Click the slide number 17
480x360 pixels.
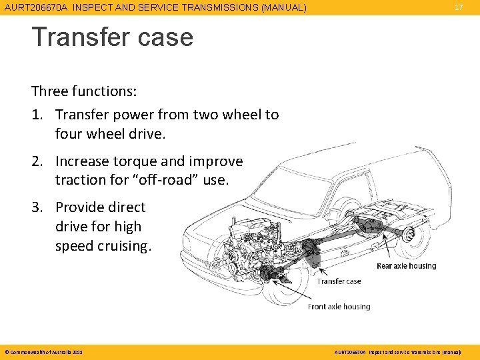pos(458,7)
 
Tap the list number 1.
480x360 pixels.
pos(38,115)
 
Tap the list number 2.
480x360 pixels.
pos(38,161)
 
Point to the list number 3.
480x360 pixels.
pos(38,207)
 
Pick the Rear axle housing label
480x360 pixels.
pos(406,266)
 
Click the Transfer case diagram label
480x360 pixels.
pos(339,281)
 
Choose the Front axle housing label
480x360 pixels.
pos(339,307)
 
